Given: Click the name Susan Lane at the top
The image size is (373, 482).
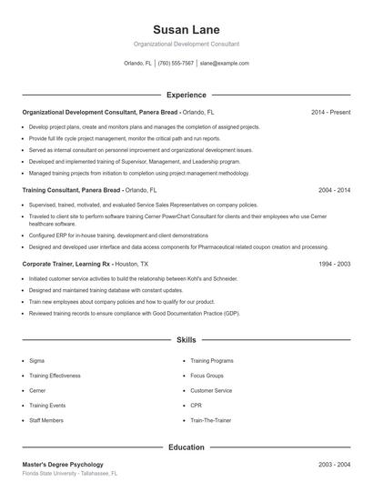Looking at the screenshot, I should (186, 29).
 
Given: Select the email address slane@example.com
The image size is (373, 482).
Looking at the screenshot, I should (224, 64).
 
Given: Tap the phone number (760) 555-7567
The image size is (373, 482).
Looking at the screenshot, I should (176, 64).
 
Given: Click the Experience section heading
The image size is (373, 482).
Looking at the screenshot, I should (186, 95).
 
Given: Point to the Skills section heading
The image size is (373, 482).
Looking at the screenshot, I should (186, 339).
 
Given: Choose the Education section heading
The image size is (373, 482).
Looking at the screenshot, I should (186, 447).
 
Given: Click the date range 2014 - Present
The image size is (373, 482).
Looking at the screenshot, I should (330, 112).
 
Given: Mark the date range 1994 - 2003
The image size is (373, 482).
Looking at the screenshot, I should (334, 263).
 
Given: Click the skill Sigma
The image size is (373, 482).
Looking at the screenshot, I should (37, 361).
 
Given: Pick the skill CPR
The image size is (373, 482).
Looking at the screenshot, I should (196, 405).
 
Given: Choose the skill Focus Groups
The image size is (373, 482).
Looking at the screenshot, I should (207, 376).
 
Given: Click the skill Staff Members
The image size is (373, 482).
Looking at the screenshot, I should (45, 419).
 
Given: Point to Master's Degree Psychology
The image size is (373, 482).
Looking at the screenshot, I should (63, 465).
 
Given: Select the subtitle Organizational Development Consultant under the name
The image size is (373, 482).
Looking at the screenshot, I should (186, 45).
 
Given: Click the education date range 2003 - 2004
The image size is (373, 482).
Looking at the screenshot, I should (334, 465).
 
